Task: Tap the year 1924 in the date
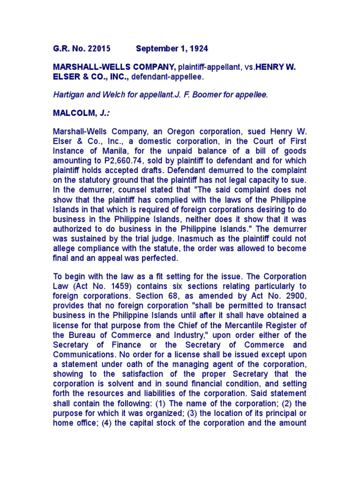tap(199, 49)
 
